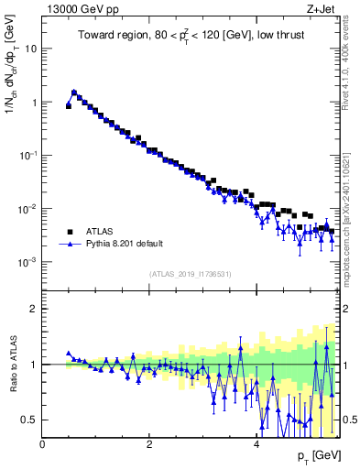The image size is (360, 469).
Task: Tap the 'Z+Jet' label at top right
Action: [322, 9]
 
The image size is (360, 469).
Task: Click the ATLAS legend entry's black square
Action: [69, 232]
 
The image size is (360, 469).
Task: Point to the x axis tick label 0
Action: [42, 444]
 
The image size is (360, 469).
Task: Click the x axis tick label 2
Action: [149, 444]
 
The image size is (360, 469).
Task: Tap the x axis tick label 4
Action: [256, 444]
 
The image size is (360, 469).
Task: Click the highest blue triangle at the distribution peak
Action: [74, 92]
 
